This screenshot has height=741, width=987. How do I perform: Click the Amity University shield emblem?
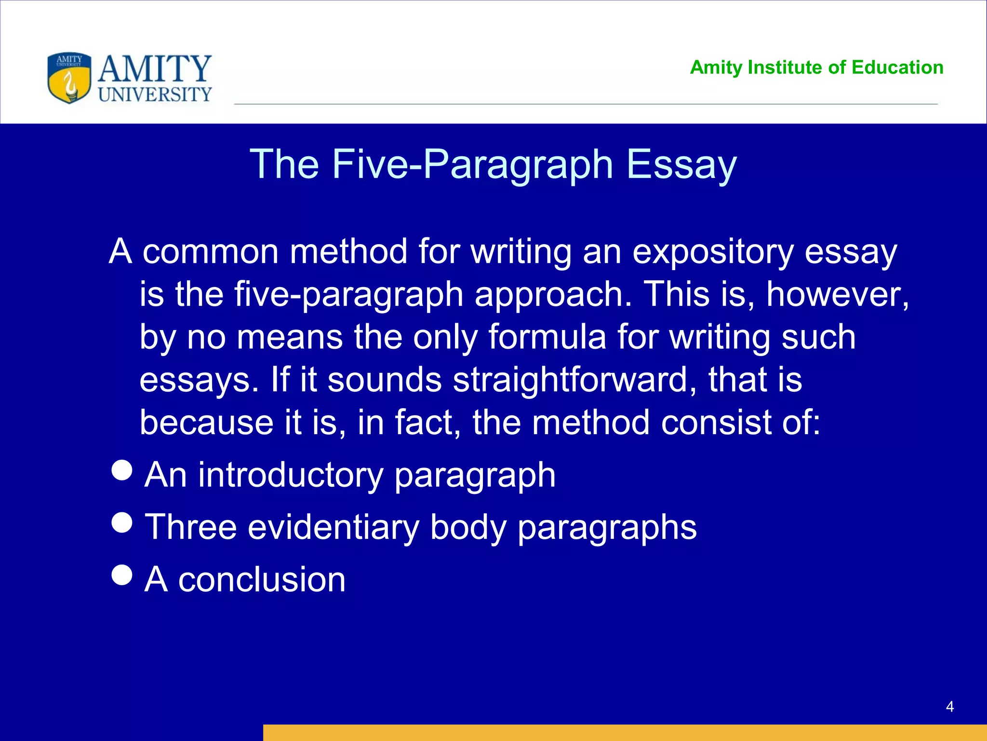tap(69, 78)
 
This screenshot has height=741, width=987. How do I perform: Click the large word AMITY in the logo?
tap(155, 69)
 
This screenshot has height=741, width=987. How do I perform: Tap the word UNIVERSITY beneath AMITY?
tap(155, 95)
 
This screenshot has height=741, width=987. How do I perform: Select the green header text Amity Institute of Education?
tap(816, 68)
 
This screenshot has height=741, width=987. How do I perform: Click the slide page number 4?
tap(950, 707)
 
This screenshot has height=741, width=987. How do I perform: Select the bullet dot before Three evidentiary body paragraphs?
tap(122, 522)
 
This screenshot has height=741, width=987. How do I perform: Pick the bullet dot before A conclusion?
tap(122, 574)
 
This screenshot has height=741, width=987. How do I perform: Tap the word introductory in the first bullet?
tap(291, 475)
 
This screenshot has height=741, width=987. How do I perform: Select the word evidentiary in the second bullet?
tap(333, 527)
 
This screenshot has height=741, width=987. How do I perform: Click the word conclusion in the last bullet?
tap(262, 579)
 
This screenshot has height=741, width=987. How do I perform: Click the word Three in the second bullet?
tap(191, 527)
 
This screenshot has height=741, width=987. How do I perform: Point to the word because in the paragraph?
tap(207, 423)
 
